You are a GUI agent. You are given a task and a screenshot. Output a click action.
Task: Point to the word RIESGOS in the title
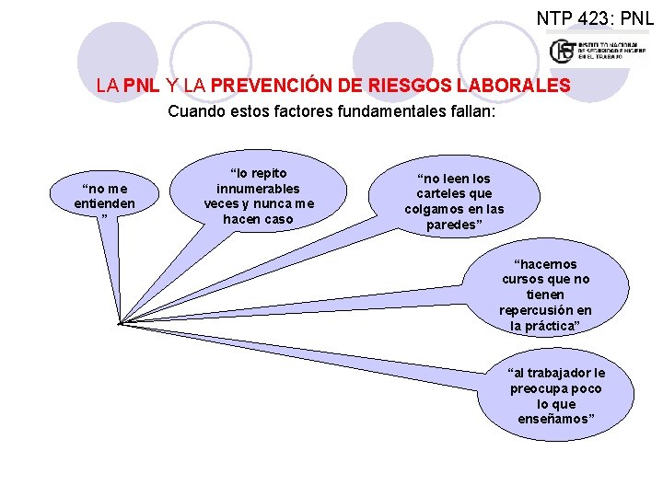tap(400, 86)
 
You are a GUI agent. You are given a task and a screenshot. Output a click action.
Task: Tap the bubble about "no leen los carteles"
tap(454, 202)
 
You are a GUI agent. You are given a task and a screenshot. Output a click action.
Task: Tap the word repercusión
tap(546, 310)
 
